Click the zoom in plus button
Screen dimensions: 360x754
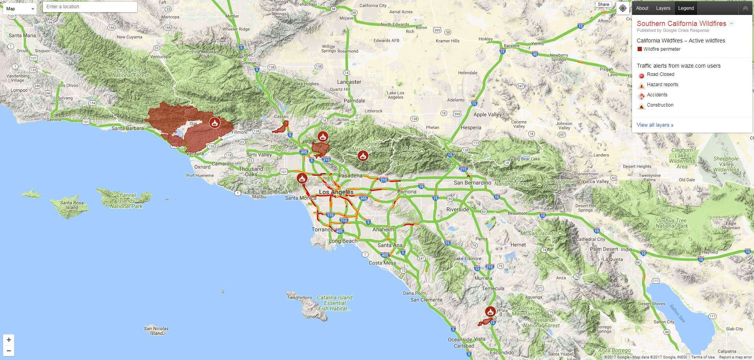click(9, 340)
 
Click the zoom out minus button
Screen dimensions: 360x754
click(9, 351)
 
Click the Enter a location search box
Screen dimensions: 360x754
click(90, 7)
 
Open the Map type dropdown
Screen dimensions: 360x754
click(20, 9)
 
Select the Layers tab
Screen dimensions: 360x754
click(663, 8)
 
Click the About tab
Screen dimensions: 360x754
click(642, 8)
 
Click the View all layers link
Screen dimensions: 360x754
click(655, 125)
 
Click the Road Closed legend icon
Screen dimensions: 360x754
click(641, 75)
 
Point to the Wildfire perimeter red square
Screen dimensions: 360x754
click(640, 49)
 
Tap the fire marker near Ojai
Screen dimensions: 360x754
click(215, 122)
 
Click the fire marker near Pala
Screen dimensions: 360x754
click(490, 312)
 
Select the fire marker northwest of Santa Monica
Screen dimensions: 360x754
click(302, 178)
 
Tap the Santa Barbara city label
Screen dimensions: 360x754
click(128, 128)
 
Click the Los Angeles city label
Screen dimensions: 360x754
click(336, 192)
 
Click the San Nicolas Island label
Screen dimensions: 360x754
click(156, 331)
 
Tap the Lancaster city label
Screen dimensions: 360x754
click(349, 82)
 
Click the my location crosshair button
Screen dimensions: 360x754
click(623, 8)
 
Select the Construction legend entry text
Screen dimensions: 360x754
click(660, 105)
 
